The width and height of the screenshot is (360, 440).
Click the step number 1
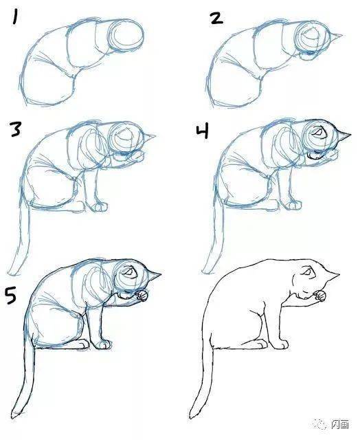click(14, 17)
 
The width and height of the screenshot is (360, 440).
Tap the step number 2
click(216, 19)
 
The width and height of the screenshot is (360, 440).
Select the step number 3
click(15, 129)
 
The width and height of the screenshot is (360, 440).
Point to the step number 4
click(202, 131)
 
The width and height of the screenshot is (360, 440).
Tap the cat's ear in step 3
click(149, 137)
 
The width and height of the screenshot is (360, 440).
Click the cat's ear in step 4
click(344, 136)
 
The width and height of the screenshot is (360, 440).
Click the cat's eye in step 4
click(318, 131)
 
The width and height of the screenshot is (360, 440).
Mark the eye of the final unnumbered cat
click(306, 272)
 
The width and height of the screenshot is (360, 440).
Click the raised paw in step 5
click(142, 296)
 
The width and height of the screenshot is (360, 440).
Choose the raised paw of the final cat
click(320, 296)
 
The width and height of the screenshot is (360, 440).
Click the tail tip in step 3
click(11, 273)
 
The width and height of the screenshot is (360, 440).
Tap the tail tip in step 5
click(14, 415)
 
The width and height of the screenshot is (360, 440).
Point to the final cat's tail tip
click(192, 415)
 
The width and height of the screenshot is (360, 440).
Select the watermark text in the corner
click(340, 424)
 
